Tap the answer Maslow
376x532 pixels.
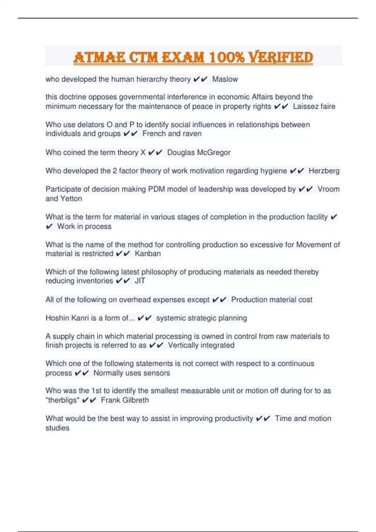point(225,79)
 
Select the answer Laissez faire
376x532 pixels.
point(314,106)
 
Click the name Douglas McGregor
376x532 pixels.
point(199,152)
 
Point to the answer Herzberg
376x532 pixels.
point(324,171)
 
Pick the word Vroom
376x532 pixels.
point(328,189)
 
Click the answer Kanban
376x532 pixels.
point(148,253)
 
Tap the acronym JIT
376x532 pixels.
point(140,281)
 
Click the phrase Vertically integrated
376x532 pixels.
point(201,345)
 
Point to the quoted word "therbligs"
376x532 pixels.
point(62,400)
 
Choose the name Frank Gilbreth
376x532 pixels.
point(125,400)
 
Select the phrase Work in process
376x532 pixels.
point(84,226)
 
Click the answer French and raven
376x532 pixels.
point(172,134)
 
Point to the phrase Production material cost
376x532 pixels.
point(272,300)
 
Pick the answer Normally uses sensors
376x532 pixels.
point(132,373)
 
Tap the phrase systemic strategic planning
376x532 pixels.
point(201,318)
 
